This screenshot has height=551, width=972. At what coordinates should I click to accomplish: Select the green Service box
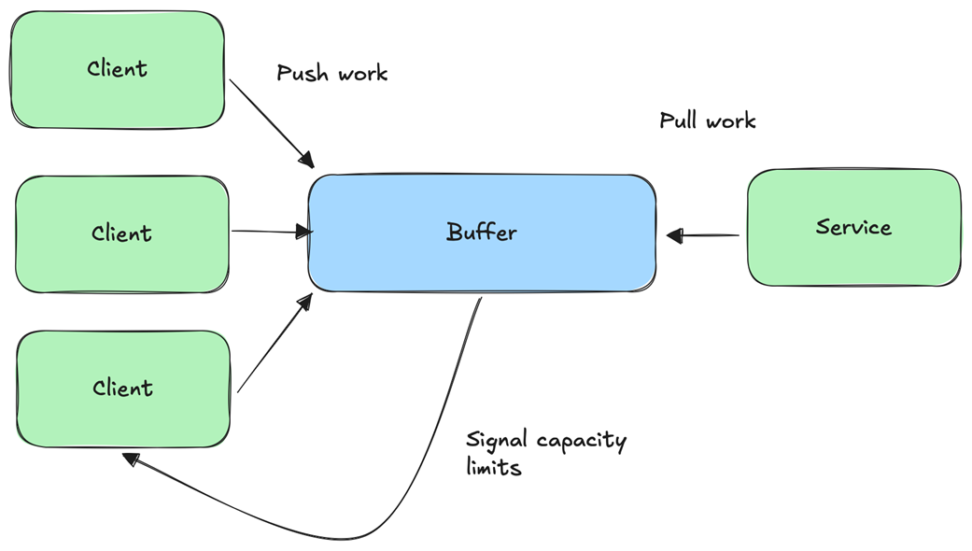point(853,227)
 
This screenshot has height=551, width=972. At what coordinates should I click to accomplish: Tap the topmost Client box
point(117,68)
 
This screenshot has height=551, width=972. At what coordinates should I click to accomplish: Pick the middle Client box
point(121,233)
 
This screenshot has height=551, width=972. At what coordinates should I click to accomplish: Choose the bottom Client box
point(122,388)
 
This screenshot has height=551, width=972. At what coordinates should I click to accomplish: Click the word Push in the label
point(300,73)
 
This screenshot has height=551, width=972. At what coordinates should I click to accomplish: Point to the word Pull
point(679,120)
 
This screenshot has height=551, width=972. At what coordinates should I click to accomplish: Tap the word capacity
point(581,441)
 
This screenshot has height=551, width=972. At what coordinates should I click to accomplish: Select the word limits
point(493,467)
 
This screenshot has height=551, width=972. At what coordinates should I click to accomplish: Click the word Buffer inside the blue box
point(481,232)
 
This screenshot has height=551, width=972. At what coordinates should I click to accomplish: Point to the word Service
point(853,227)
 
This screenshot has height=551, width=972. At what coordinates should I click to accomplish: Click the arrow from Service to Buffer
point(705,236)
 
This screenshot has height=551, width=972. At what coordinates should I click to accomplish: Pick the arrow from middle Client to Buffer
point(271,231)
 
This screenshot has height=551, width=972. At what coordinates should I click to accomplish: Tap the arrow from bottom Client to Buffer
point(274,345)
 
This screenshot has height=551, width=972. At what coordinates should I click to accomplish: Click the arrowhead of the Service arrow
point(674,236)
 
